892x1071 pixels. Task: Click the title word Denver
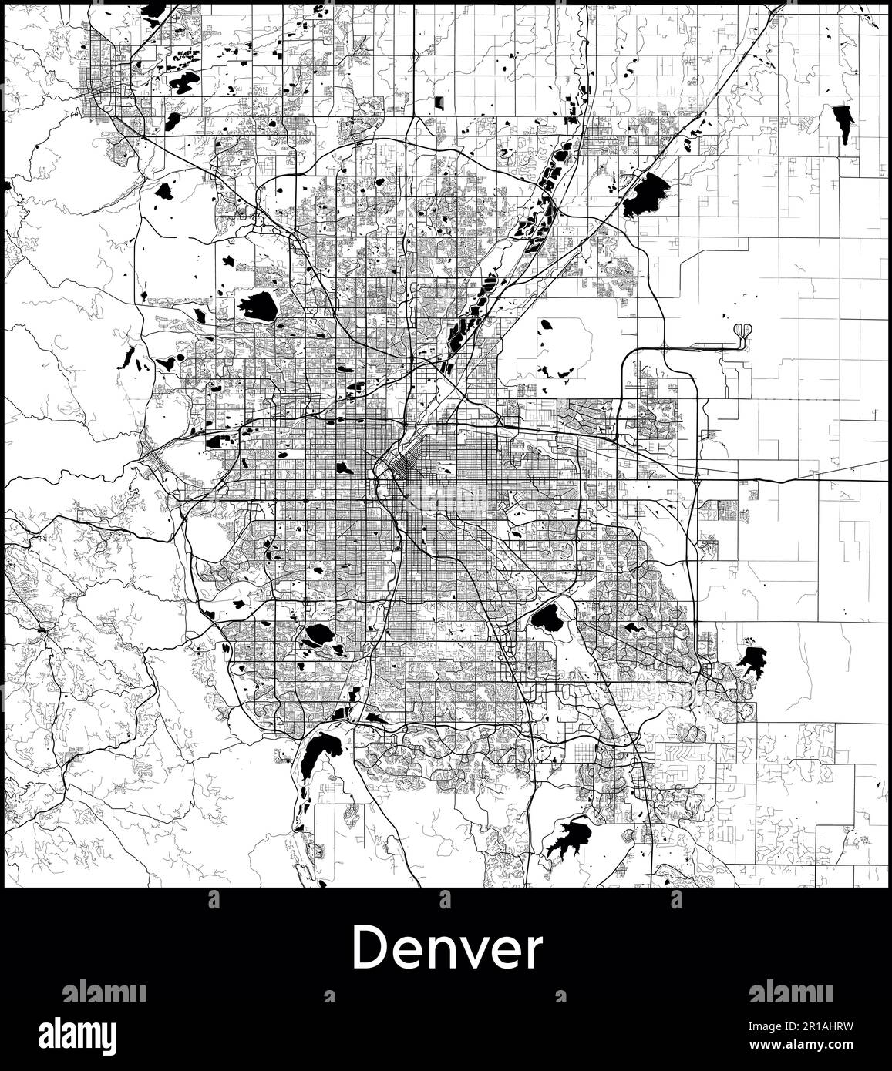[447, 948]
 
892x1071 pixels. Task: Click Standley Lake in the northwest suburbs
[258, 306]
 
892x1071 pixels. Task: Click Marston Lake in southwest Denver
[317, 636]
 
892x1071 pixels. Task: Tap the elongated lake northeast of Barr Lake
[841, 122]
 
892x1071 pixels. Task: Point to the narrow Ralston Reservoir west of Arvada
[127, 356]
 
